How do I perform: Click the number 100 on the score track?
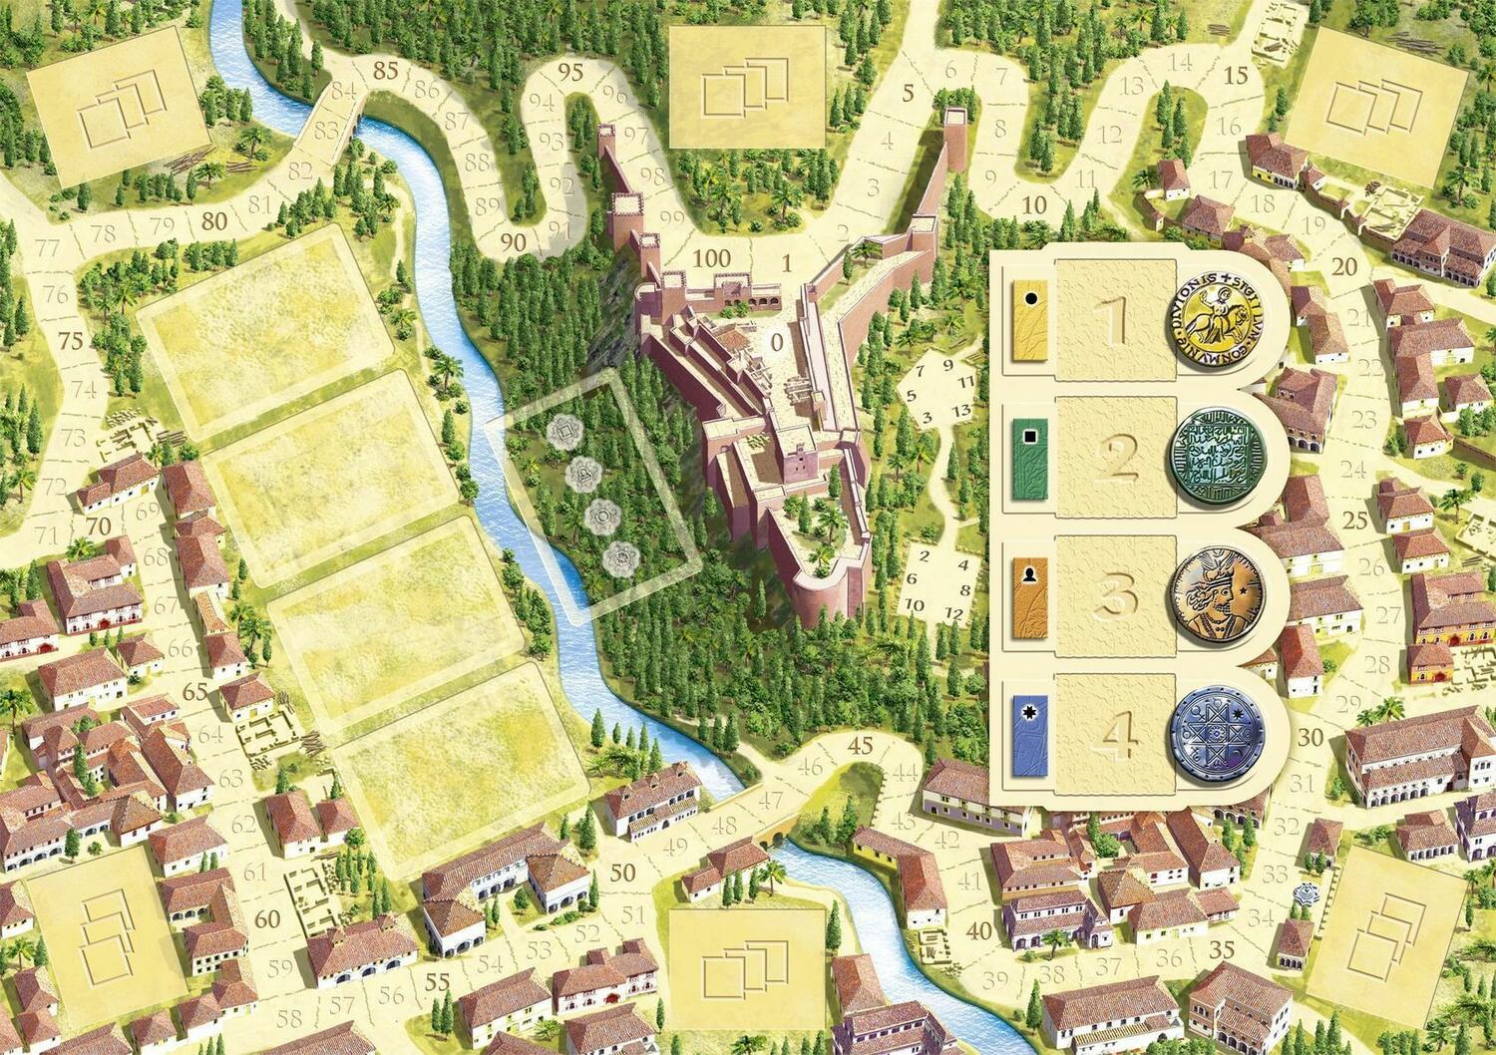pyautogui.click(x=711, y=258)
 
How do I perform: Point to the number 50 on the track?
pyautogui.click(x=622, y=874)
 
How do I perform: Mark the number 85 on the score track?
pyautogui.click(x=385, y=70)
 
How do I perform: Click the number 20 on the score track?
pyautogui.click(x=1344, y=266)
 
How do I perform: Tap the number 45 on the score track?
pyautogui.click(x=860, y=745)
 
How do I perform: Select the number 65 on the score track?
pyautogui.click(x=195, y=691)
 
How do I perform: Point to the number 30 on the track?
pyautogui.click(x=1312, y=739)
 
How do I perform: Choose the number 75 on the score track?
pyautogui.click(x=71, y=340)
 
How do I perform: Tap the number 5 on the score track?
pyautogui.click(x=909, y=95)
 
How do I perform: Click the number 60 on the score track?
pyautogui.click(x=267, y=918)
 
